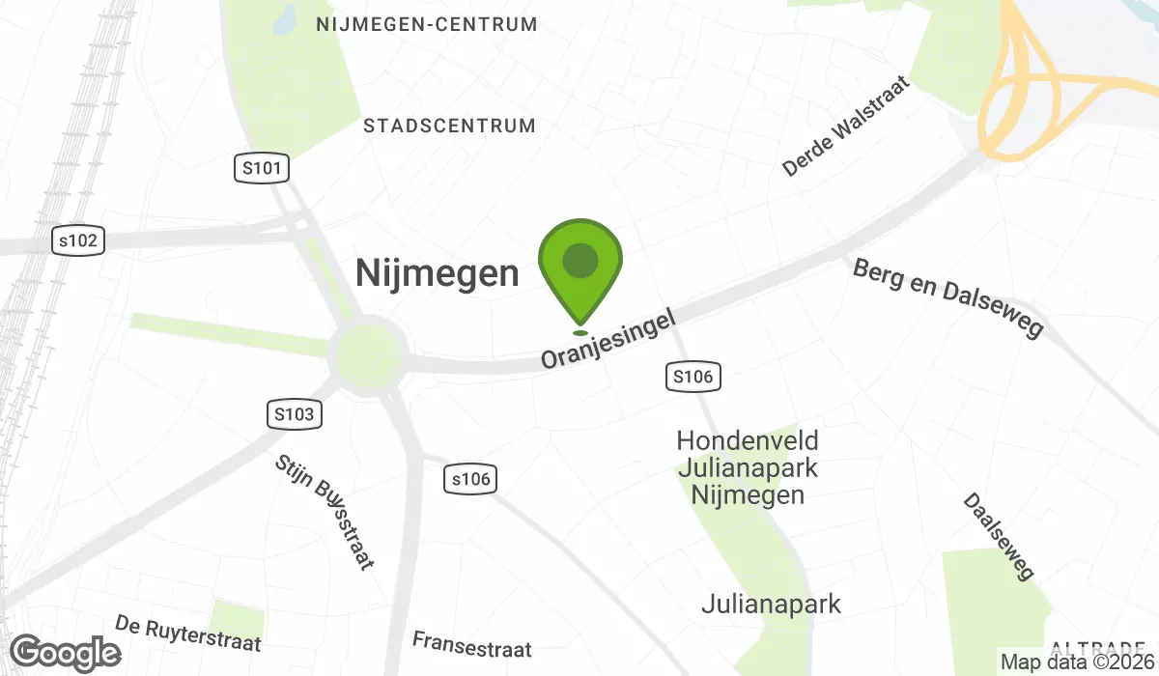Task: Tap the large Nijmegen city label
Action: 437,273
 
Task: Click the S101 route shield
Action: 262,169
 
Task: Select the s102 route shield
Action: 77,240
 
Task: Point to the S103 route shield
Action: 294,414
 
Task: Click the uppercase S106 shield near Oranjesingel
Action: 694,377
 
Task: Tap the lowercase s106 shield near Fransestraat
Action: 470,478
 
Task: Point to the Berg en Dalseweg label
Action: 948,297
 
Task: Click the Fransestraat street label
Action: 471,642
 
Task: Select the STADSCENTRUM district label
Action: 449,126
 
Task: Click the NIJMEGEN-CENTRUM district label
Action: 427,25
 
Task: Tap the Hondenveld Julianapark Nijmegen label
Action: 748,468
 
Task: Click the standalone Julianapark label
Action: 771,605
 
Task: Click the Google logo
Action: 66,654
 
